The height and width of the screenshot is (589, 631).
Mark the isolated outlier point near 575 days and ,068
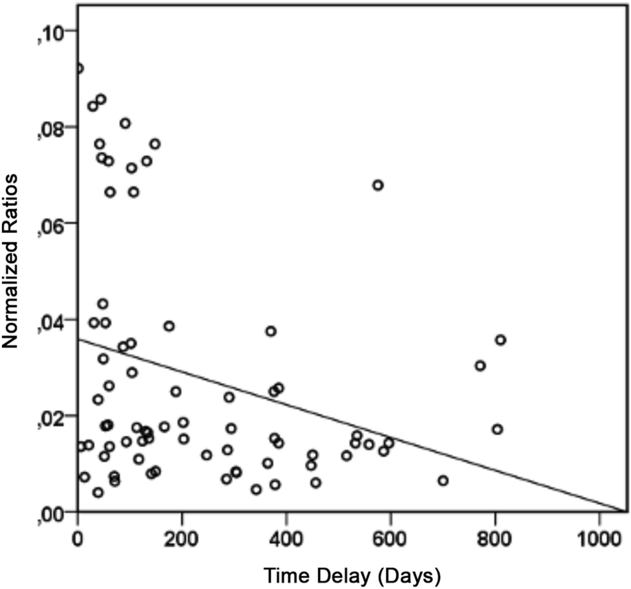click(x=378, y=185)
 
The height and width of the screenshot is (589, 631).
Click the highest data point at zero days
click(x=78, y=69)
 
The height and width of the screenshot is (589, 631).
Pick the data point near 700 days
click(x=443, y=480)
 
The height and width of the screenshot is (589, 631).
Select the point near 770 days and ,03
click(x=480, y=366)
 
